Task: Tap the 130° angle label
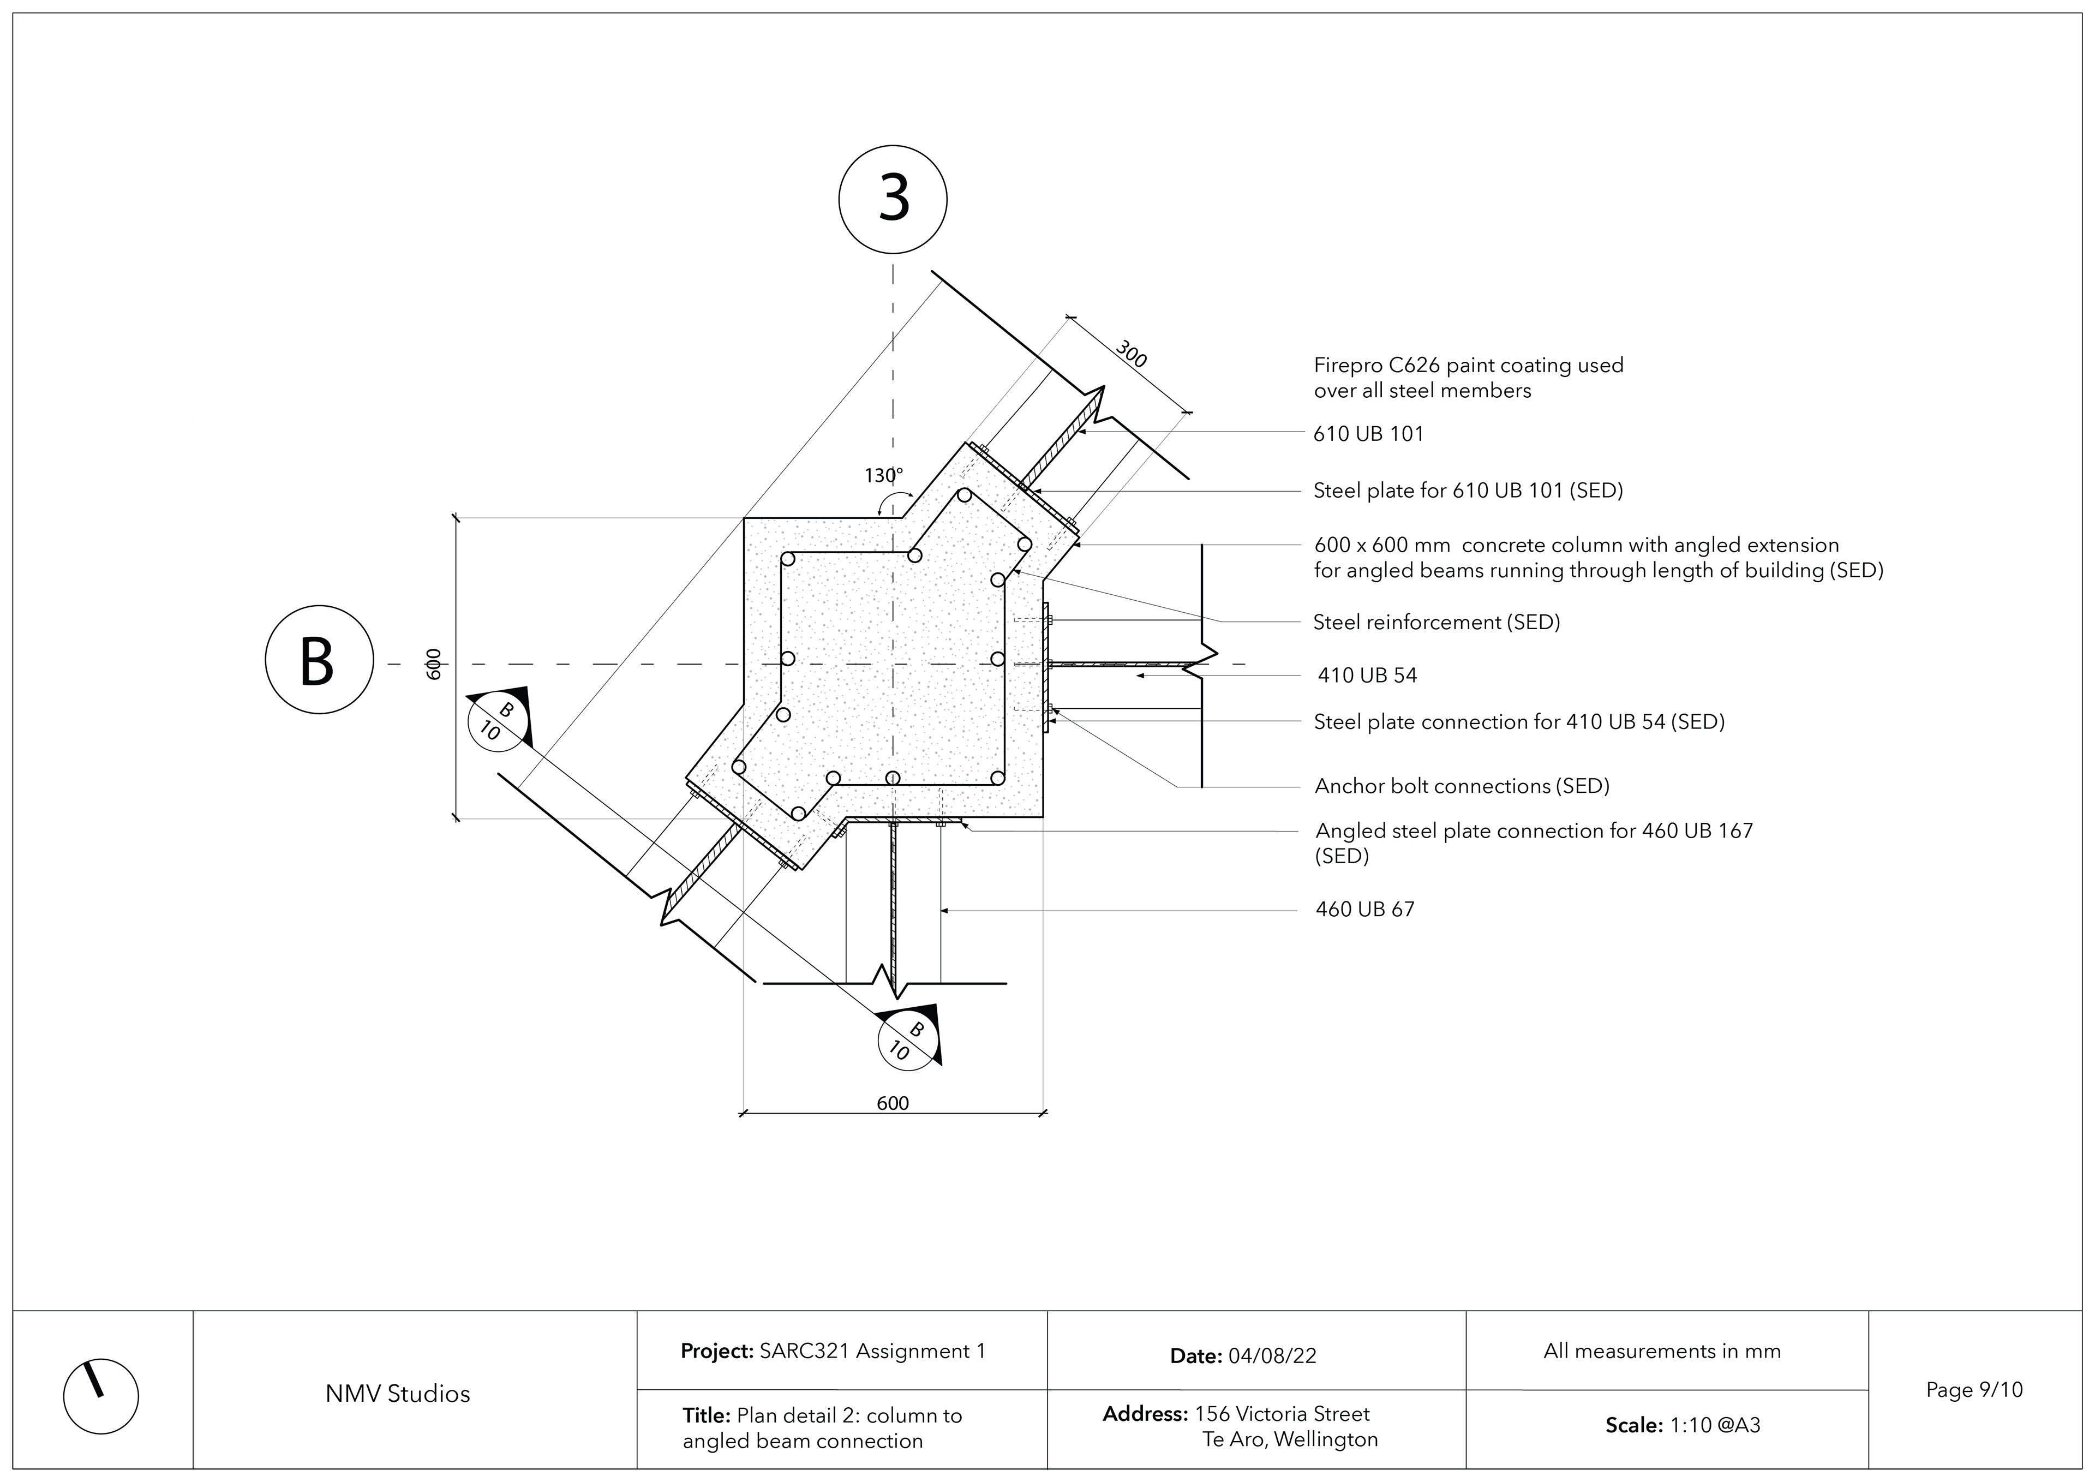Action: [x=883, y=475]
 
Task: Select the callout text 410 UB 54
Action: [x=1367, y=676]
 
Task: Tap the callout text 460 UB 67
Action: [x=1365, y=909]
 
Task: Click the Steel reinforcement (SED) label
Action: [x=1436, y=623]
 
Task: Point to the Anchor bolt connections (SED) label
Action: [x=1462, y=786]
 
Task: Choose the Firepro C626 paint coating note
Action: [x=1468, y=378]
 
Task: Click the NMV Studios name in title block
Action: [x=398, y=1394]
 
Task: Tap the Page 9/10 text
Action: [x=1974, y=1390]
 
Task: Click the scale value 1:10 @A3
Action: [x=1715, y=1425]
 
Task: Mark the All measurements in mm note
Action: [x=1662, y=1352]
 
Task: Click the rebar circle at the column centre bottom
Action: [x=893, y=779]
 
